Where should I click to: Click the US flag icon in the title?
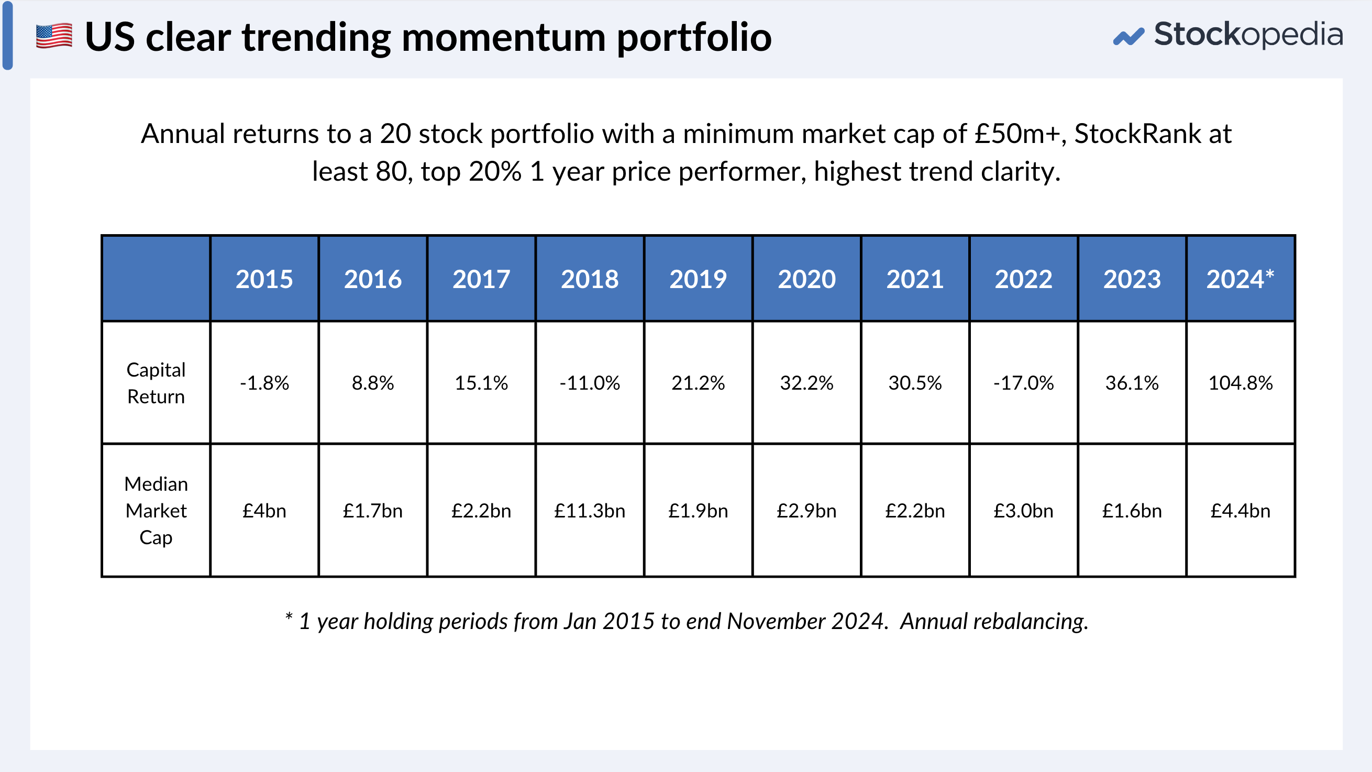(x=54, y=36)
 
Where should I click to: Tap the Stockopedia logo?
(x=1227, y=35)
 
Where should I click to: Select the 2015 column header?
(x=264, y=279)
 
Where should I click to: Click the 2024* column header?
(x=1240, y=279)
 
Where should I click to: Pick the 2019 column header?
(x=698, y=279)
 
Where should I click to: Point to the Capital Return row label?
(x=156, y=382)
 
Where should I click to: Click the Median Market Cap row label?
(x=156, y=511)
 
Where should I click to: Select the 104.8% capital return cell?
(x=1240, y=382)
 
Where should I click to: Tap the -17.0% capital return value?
(x=1023, y=382)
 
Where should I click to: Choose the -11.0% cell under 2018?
(x=590, y=382)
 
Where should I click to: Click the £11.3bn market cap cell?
(x=590, y=511)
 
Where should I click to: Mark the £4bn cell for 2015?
(x=264, y=511)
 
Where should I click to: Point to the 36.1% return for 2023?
(x=1132, y=382)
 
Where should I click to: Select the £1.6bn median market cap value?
(x=1132, y=511)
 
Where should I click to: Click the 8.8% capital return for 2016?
(x=373, y=382)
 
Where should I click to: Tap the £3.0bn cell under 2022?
(x=1023, y=511)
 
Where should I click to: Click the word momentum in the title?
(x=504, y=37)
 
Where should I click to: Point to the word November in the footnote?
(x=776, y=621)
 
